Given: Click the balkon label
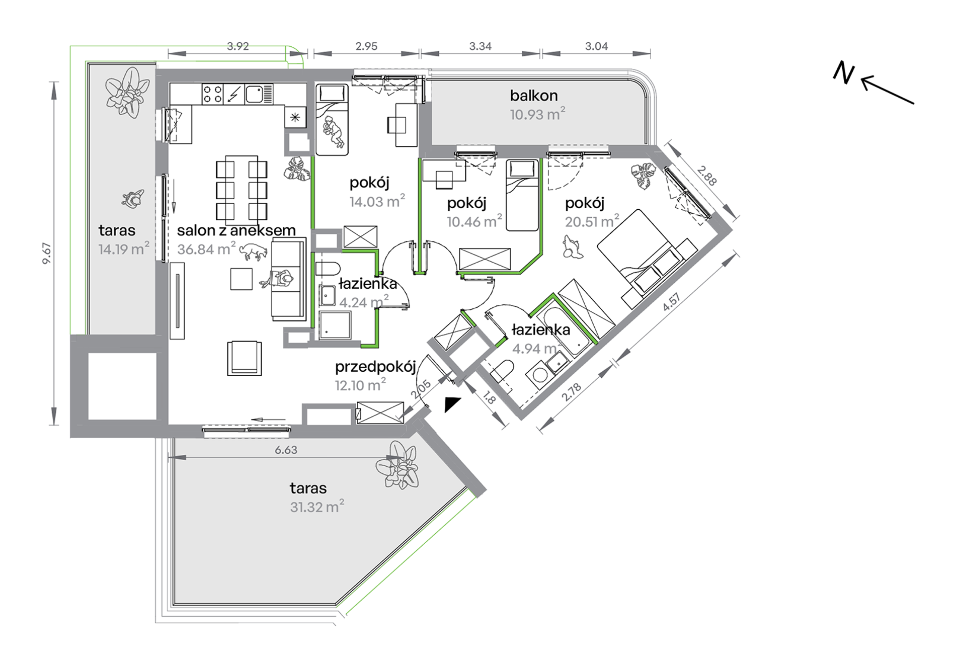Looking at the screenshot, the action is click(x=533, y=96).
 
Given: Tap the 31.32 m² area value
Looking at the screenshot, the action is click(x=317, y=506).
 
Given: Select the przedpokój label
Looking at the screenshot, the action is click(x=375, y=367).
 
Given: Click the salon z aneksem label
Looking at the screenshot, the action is click(x=236, y=230).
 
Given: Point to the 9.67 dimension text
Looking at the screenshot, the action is click(x=46, y=254).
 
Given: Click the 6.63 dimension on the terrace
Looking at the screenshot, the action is click(x=286, y=450).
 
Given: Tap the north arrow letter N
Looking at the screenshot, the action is click(x=843, y=73).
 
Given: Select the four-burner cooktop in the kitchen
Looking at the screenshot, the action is click(x=212, y=94).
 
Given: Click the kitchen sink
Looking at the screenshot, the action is click(x=259, y=94).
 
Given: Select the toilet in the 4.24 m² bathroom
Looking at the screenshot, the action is click(x=328, y=268).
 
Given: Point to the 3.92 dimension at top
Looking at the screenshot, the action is click(x=237, y=46).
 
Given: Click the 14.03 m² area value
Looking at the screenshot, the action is click(x=377, y=201).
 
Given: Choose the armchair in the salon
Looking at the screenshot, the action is click(x=245, y=358).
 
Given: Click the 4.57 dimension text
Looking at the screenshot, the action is click(x=672, y=302).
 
